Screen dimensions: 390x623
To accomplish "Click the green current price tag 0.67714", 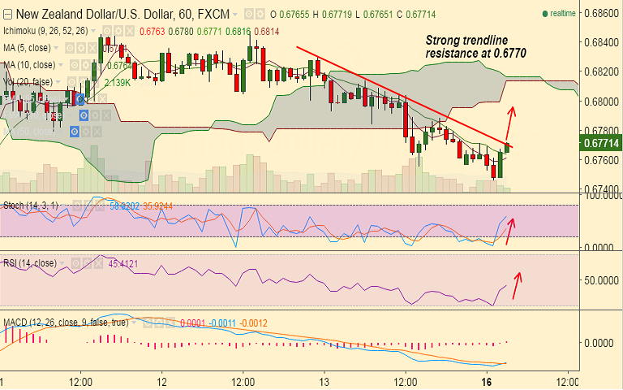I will coord(601,144).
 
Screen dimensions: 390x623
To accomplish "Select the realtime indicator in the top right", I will coord(559,13).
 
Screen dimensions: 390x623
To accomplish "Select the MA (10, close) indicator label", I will coord(30,65).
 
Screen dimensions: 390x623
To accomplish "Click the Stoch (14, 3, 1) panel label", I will coord(30,205).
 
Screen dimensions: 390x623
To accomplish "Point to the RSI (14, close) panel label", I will coord(29,262).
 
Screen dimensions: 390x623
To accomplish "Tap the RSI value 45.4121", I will coord(125,263).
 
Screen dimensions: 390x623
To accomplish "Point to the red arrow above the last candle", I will coord(510,121).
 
